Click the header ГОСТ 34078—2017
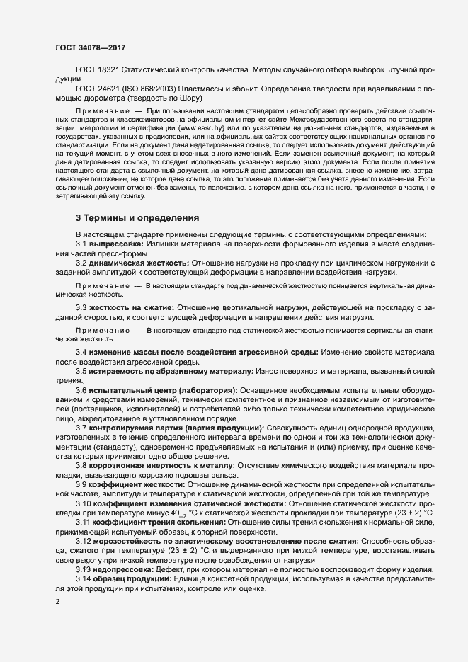coord(91,48)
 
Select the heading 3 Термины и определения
coord(137,236)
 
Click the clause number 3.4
coord(81,353)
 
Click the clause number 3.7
coord(81,428)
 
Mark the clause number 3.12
coord(84,540)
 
